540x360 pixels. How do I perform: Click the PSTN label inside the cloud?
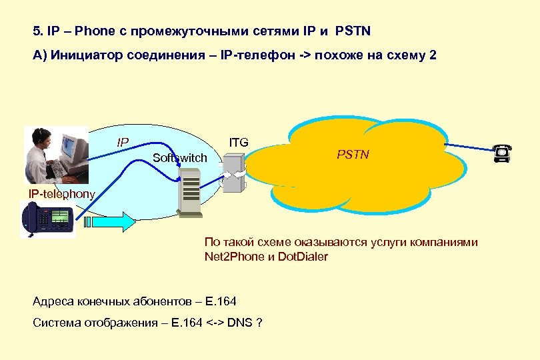tap(353, 155)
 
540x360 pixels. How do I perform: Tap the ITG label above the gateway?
tap(239, 142)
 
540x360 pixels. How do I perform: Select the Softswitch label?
tap(179, 158)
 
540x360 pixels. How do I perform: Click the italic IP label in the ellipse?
tap(123, 142)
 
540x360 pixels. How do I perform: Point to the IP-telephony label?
tap(61, 193)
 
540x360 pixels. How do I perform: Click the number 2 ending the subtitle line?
tap(433, 55)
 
